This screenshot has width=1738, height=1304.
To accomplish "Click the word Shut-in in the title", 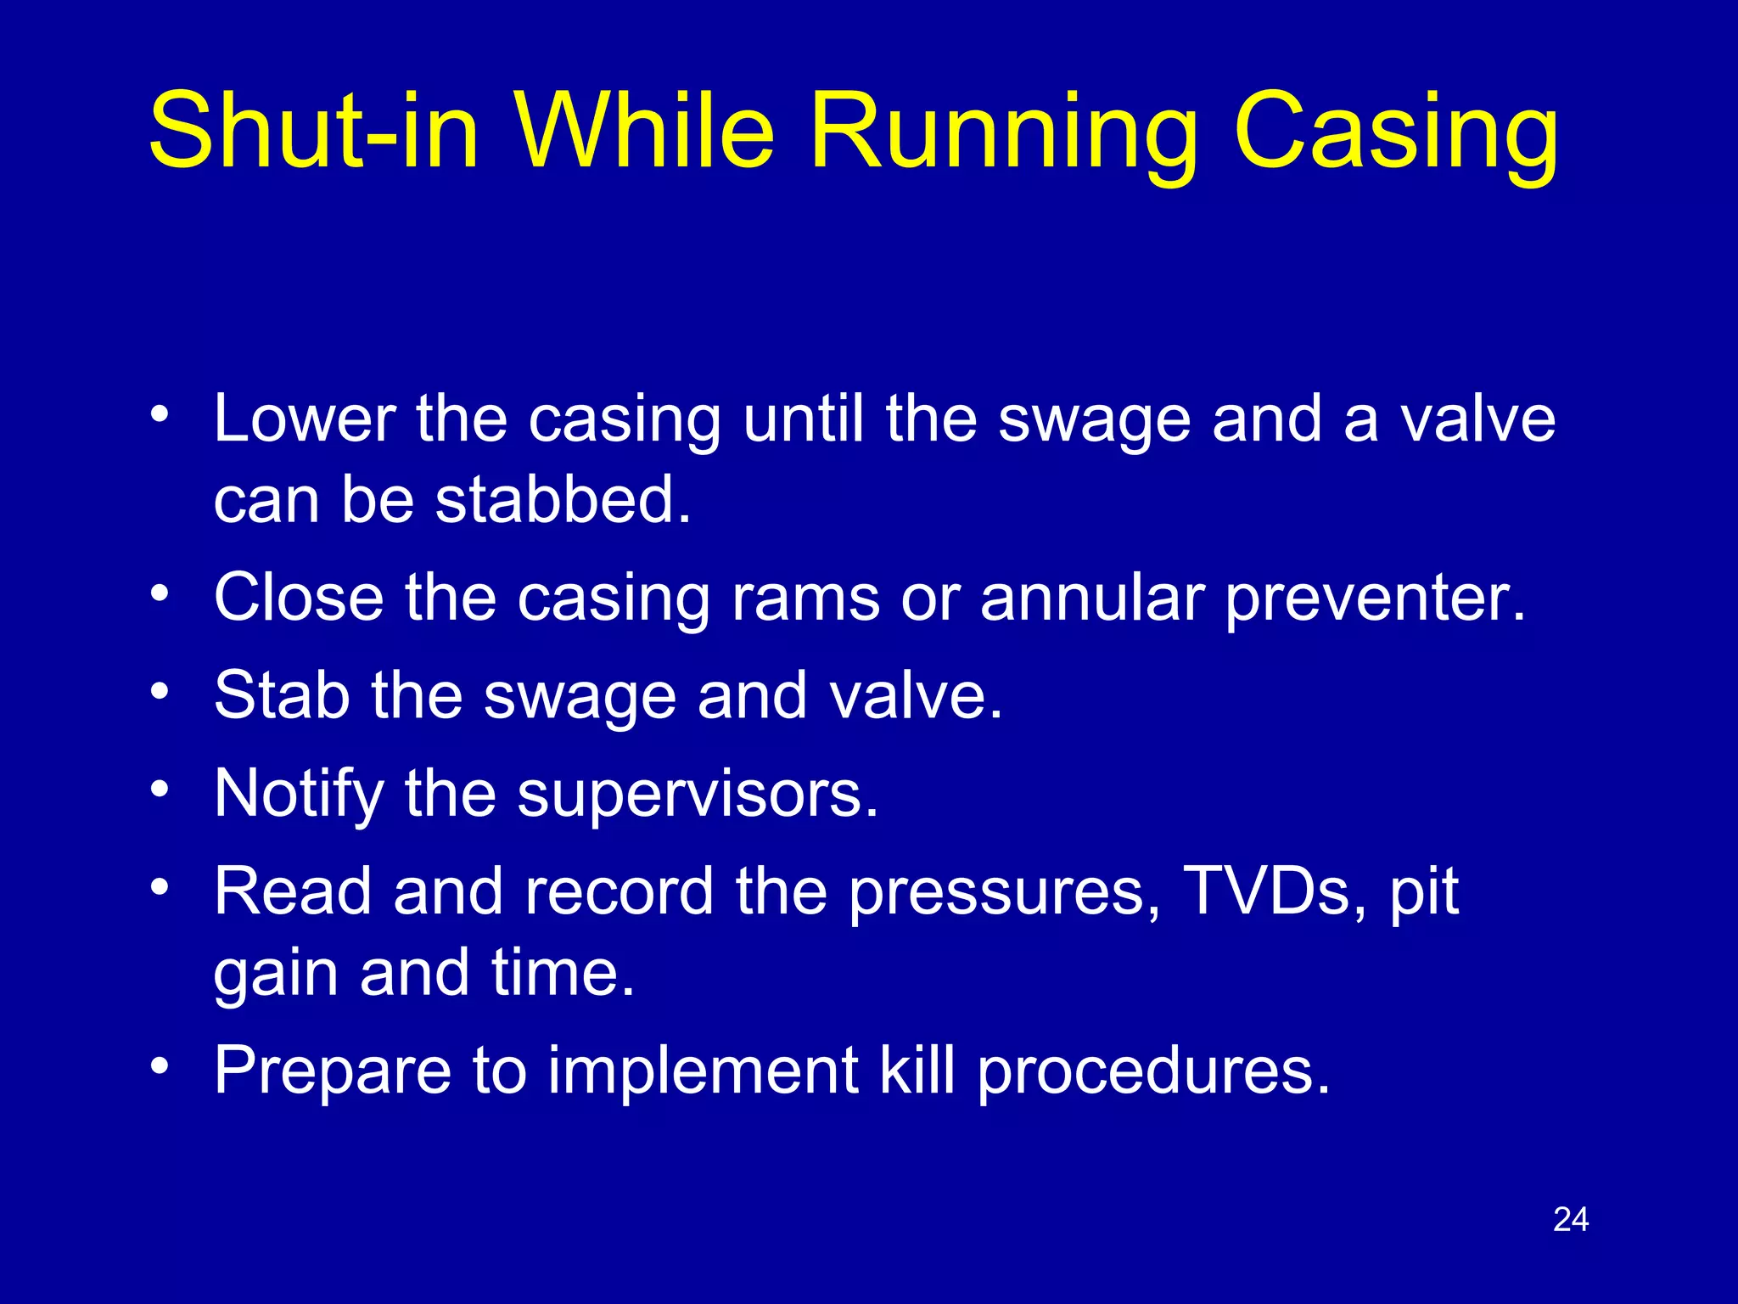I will click(x=313, y=132).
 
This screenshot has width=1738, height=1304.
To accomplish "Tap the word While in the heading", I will click(x=645, y=132).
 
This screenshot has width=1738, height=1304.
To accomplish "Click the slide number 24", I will click(x=1571, y=1220).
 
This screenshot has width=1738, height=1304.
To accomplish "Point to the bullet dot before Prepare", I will click(x=160, y=1065).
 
